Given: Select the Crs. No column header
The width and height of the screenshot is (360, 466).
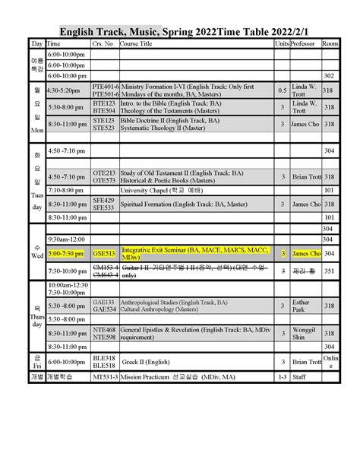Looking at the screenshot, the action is (x=102, y=45).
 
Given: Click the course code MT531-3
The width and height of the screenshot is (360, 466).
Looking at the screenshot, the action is (x=105, y=376).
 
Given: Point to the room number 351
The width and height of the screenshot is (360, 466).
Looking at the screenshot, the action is (x=328, y=271).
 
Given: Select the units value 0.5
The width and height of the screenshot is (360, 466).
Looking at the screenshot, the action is (x=283, y=90).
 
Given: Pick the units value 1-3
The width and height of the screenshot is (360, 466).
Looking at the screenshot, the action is (x=283, y=376).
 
